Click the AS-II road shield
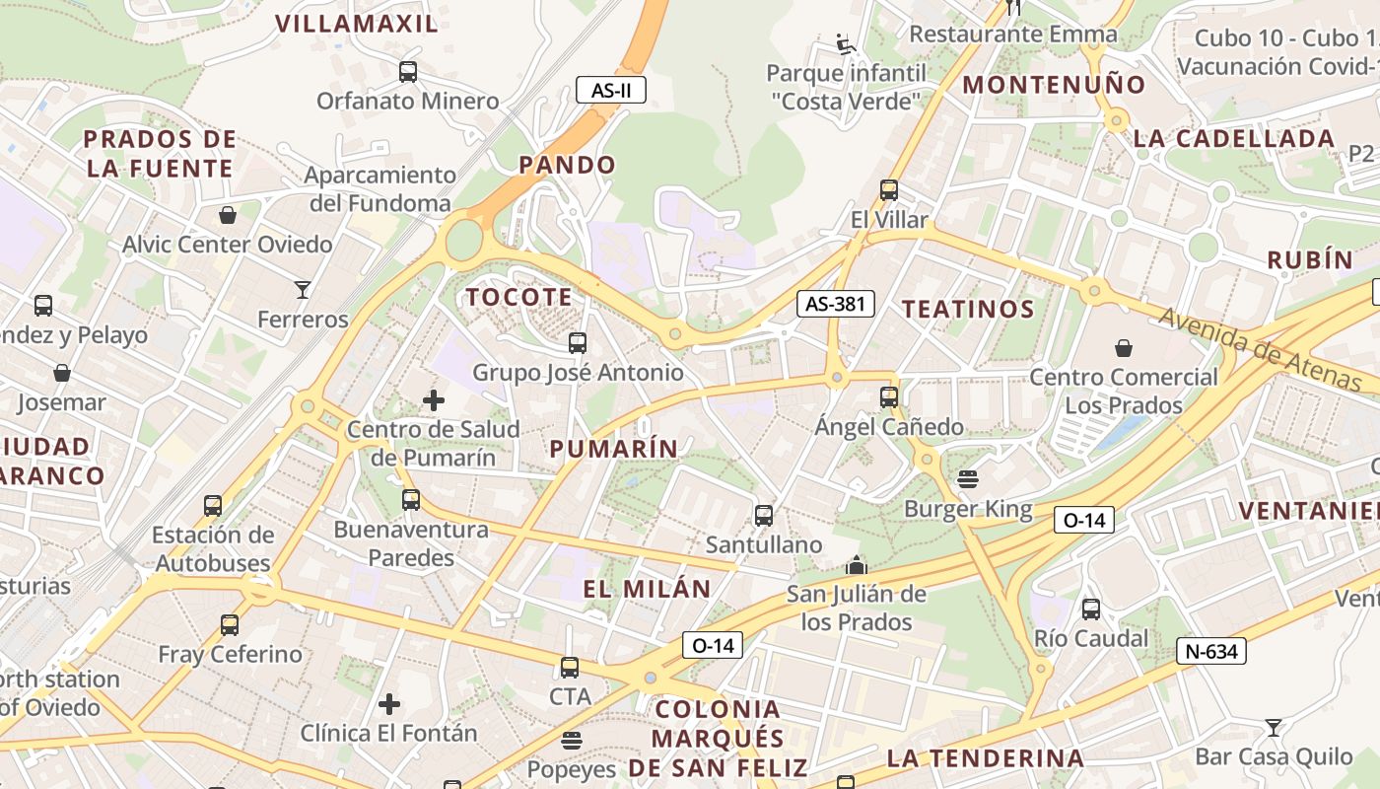pyautogui.click(x=611, y=91)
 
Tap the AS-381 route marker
pyautogui.click(x=836, y=304)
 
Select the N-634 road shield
pyautogui.click(x=1210, y=651)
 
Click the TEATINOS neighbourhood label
pyautogui.click(x=968, y=310)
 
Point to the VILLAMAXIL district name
pyautogui.click(x=356, y=24)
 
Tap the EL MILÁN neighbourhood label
pyautogui.click(x=647, y=590)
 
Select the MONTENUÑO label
pyautogui.click(x=1054, y=85)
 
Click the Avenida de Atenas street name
pyautogui.click(x=1261, y=349)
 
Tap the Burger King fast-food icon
pyautogui.click(x=968, y=479)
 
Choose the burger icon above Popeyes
pyautogui.click(x=572, y=740)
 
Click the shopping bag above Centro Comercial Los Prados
pyautogui.click(x=1123, y=347)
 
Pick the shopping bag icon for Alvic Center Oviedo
pyautogui.click(x=228, y=214)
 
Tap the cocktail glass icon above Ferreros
pyautogui.click(x=303, y=290)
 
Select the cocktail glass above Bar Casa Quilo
pyautogui.click(x=1274, y=728)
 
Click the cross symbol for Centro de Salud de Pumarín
pyautogui.click(x=433, y=400)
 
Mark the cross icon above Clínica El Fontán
pyautogui.click(x=389, y=704)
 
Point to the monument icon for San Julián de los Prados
pyautogui.click(x=856, y=565)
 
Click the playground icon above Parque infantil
pyautogui.click(x=845, y=43)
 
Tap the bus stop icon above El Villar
pyautogui.click(x=889, y=190)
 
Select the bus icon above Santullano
pyautogui.click(x=763, y=515)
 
